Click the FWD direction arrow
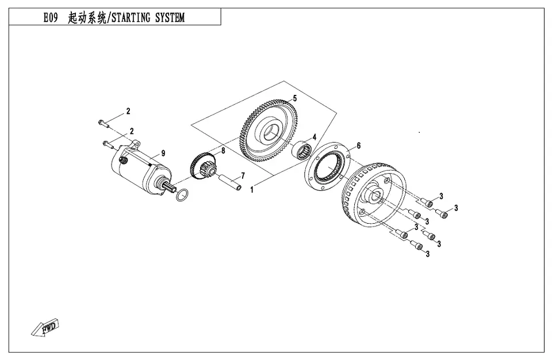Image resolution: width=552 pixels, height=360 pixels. (45, 328)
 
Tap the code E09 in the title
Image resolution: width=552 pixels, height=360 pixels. (51, 18)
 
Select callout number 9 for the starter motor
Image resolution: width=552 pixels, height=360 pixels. (163, 153)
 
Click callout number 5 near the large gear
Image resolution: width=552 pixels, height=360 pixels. (294, 98)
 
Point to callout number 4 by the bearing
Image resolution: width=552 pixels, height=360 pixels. (315, 137)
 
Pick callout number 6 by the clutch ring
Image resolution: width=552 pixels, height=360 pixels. (358, 145)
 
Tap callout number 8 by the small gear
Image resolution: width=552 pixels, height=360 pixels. (223, 151)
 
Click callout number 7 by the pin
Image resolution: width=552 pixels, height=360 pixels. (243, 175)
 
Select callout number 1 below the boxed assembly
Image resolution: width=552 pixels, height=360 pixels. (252, 190)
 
